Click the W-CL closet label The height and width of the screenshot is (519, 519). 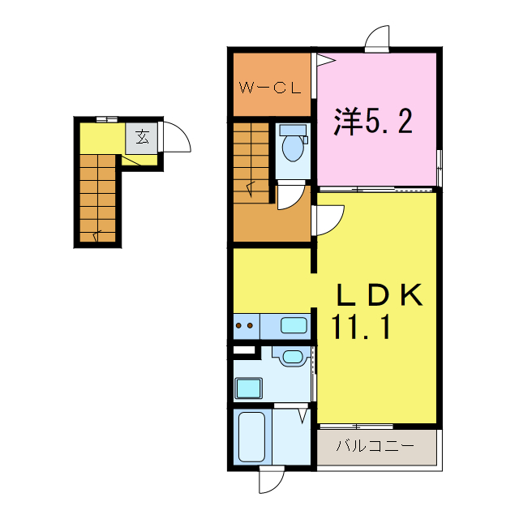(269, 86)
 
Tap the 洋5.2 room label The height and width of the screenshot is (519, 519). (374, 122)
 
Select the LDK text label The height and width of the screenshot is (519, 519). (380, 295)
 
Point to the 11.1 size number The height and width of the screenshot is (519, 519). (362, 328)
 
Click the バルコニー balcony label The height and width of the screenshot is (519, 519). (375, 445)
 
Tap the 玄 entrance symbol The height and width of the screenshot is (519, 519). (142, 136)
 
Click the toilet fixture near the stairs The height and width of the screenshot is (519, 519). (292, 146)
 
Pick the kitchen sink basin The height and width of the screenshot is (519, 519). (294, 326)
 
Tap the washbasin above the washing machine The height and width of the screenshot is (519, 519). (291, 357)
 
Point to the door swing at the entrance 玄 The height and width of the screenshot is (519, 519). (175, 138)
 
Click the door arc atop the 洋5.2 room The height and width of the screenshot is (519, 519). (379, 39)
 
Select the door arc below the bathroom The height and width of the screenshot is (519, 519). (270, 480)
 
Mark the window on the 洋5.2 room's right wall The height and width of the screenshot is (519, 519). (440, 168)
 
